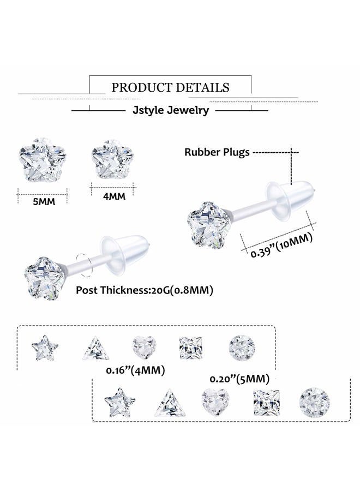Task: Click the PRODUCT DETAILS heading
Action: point(170,87)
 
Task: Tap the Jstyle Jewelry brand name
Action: point(170,110)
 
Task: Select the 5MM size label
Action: point(43,201)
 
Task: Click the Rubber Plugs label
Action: point(217,152)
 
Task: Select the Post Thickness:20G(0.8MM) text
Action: point(145,290)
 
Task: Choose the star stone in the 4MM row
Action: point(44,347)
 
